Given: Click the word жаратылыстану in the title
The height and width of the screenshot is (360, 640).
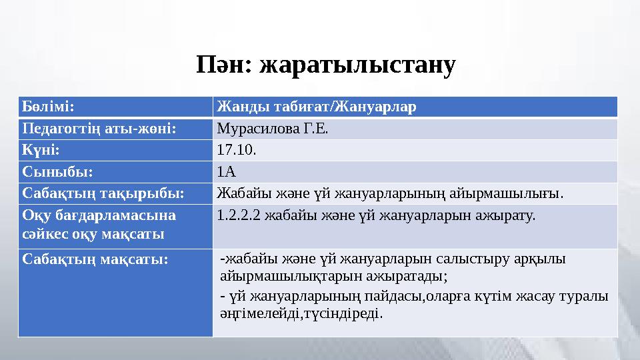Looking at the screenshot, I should click(358, 66).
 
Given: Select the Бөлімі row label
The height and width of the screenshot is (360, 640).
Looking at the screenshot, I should click(47, 107).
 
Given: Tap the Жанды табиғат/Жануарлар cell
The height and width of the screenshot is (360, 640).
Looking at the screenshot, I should click(317, 107).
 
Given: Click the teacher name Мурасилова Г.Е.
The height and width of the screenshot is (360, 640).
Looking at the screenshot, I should click(273, 128).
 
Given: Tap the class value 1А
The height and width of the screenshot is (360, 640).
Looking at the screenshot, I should click(227, 171).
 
